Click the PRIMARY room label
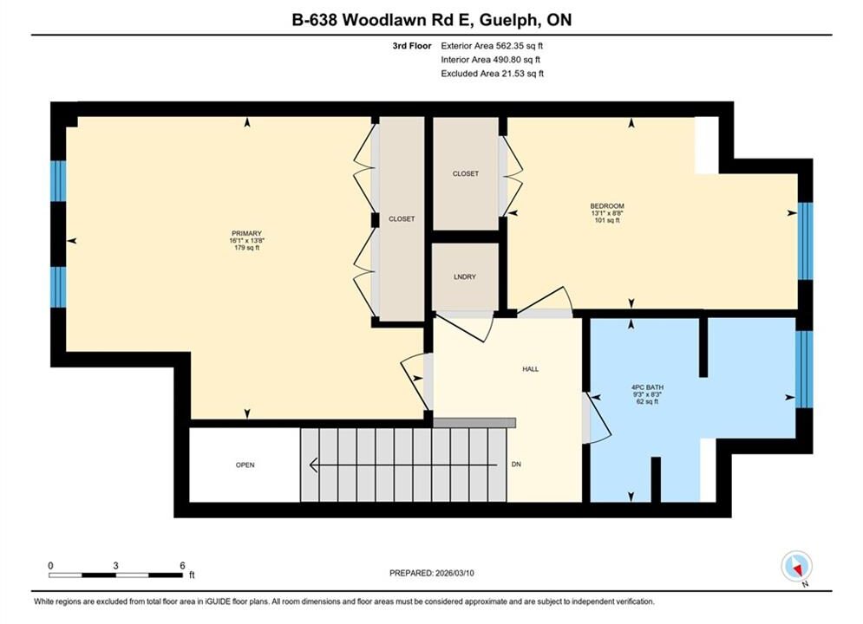click(x=246, y=233)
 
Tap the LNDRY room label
click(x=465, y=276)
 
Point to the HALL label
click(x=531, y=369)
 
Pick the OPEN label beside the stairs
click(x=245, y=465)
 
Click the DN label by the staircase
click(x=516, y=464)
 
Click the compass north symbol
click(x=796, y=566)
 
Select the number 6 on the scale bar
click(x=182, y=565)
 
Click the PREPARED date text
click(x=432, y=573)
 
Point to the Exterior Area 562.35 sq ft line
click(x=492, y=46)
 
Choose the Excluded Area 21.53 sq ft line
click(x=492, y=73)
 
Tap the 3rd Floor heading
click(x=412, y=46)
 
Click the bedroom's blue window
click(x=805, y=241)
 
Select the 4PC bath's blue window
click(x=804, y=369)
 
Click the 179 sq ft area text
click(x=246, y=247)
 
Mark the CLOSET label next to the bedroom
click(x=466, y=173)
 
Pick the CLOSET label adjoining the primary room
click(x=402, y=218)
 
